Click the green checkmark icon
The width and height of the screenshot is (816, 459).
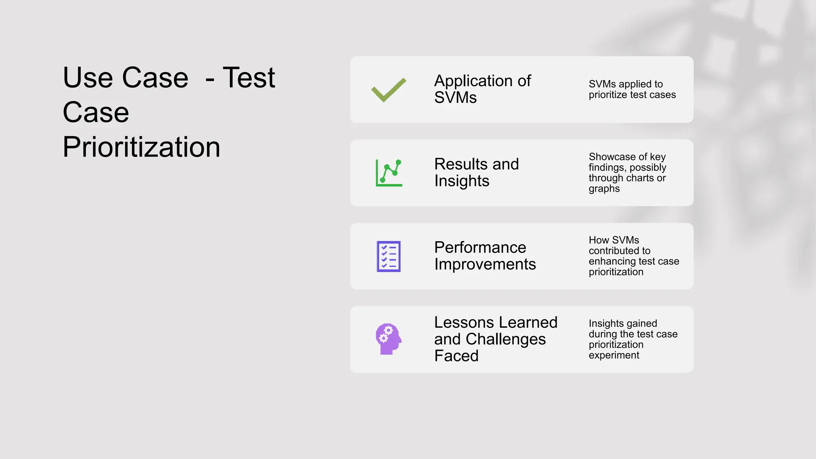(388, 90)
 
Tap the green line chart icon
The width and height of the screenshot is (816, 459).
(389, 173)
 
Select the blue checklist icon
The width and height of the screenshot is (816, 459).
(388, 256)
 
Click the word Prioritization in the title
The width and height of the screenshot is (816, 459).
(141, 147)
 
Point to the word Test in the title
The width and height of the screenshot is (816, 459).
(249, 77)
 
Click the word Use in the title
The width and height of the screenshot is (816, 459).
(88, 77)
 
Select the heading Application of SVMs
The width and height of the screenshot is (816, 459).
(482, 89)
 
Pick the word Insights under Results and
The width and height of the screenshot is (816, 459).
(461, 181)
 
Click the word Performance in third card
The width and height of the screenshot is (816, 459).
(480, 247)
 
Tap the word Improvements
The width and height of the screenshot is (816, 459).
(485, 264)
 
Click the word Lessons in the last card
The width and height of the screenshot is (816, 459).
(464, 322)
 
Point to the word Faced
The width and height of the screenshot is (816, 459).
(456, 356)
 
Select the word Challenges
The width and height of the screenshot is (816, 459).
(506, 339)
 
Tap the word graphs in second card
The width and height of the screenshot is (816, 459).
(604, 188)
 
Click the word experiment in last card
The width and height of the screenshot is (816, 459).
(614, 355)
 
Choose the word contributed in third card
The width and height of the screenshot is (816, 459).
(619, 251)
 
